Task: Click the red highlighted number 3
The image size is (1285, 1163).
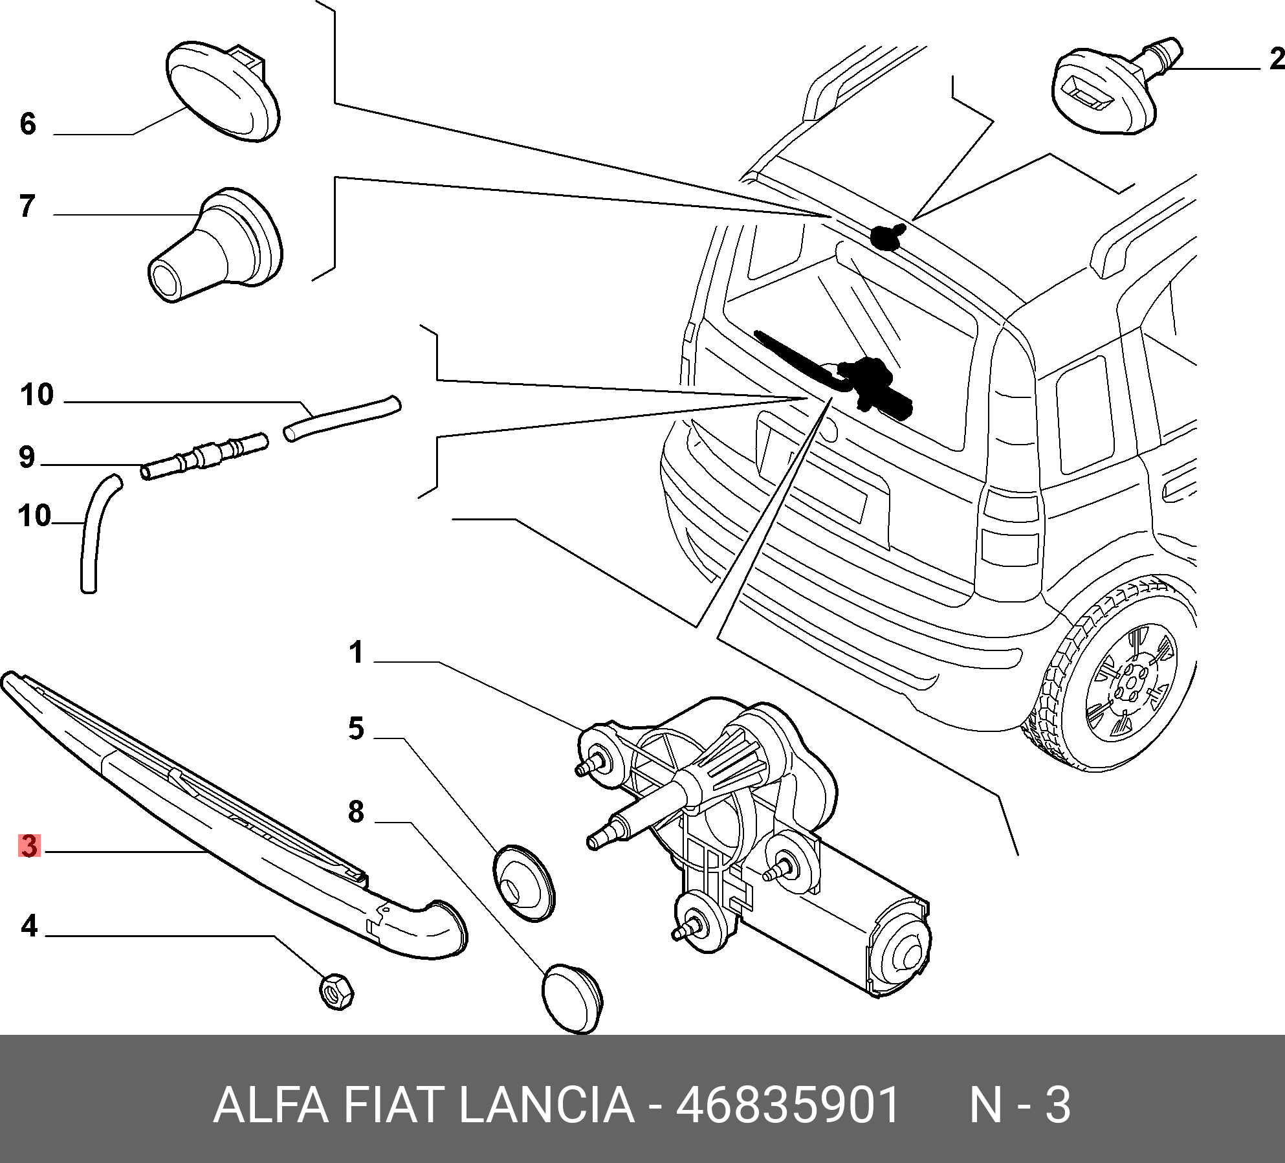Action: pyautogui.click(x=29, y=846)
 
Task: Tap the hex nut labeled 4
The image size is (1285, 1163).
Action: pyautogui.click(x=336, y=991)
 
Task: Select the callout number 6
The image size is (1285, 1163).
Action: pyautogui.click(x=28, y=124)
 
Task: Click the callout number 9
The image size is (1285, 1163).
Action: pyautogui.click(x=27, y=457)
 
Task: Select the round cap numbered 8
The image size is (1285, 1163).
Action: pyautogui.click(x=571, y=999)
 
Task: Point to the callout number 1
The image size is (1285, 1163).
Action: pyautogui.click(x=356, y=652)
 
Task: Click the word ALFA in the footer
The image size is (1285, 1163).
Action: pyautogui.click(x=271, y=1105)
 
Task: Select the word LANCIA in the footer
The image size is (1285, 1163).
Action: pyautogui.click(x=547, y=1105)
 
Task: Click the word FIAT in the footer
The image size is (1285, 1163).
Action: pyautogui.click(x=393, y=1105)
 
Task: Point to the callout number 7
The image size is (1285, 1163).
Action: pyautogui.click(x=27, y=206)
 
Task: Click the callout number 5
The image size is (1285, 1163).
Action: pyautogui.click(x=356, y=729)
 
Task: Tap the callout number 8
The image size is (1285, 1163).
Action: pyautogui.click(x=356, y=812)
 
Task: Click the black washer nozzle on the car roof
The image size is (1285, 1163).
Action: pyautogui.click(x=887, y=236)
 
